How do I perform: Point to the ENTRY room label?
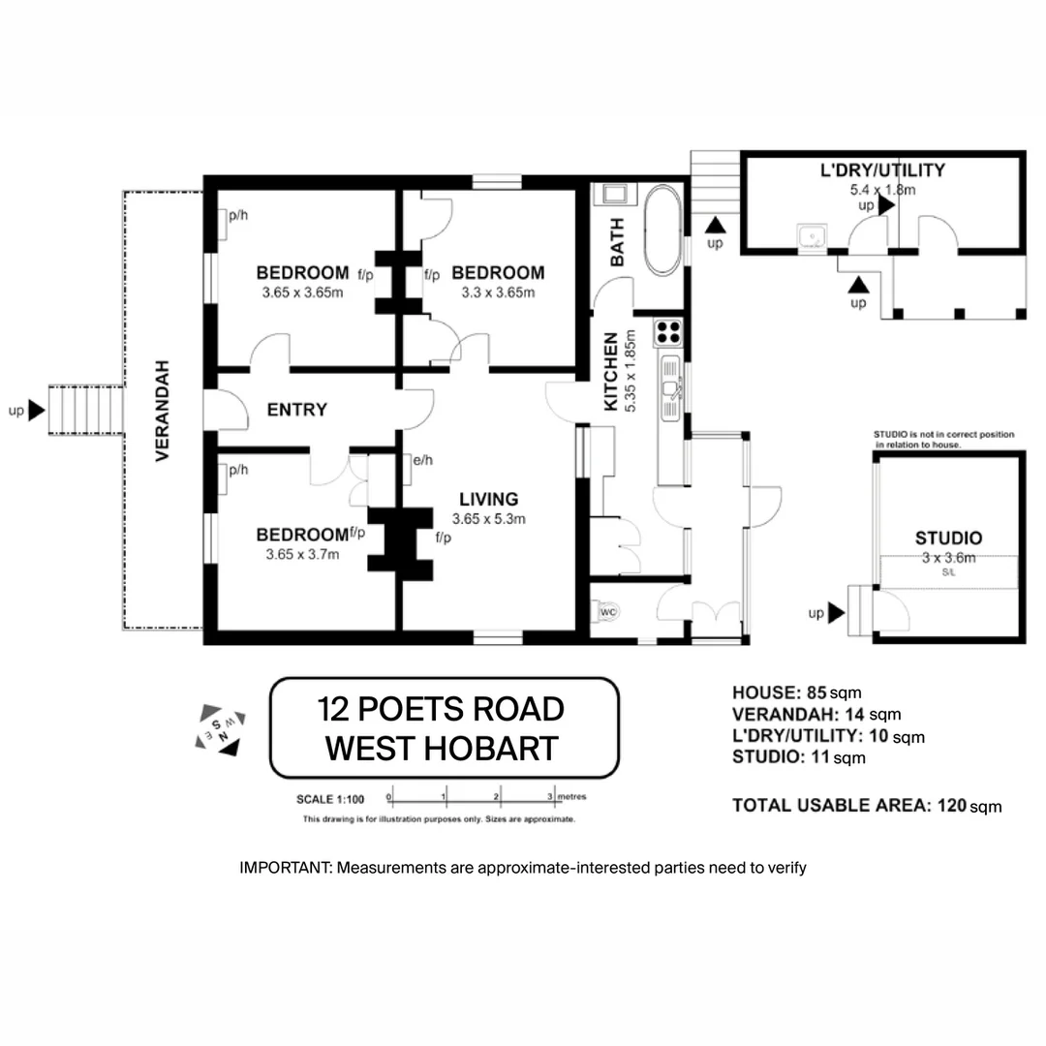pos(296,411)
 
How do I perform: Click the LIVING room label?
pos(488,500)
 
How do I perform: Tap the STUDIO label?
pos(948,538)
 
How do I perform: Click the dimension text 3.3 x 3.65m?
pos(493,292)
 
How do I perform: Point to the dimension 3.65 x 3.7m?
pos(302,555)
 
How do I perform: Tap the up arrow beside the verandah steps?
pos(37,411)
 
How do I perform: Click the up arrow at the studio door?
pos(836,613)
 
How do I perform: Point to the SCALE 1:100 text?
pos(329,800)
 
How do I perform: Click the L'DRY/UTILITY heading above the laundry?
pos(881,171)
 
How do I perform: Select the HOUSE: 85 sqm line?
pos(796,692)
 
